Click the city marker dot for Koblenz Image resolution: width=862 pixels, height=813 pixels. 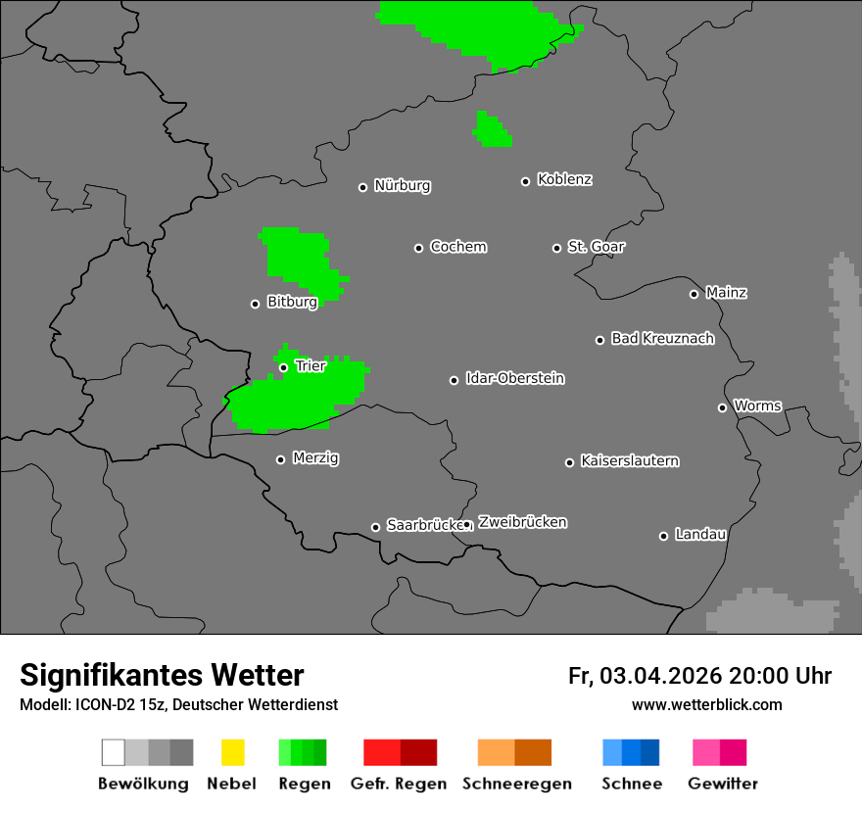point(526,181)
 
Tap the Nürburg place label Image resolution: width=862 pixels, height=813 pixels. point(403,186)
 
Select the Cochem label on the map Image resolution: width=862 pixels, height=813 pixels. point(458,247)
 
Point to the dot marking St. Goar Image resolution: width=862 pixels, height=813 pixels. point(556,248)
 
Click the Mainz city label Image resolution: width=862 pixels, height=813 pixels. point(727,293)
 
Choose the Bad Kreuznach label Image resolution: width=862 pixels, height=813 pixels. point(662,339)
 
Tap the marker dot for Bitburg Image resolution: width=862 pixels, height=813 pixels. point(256,304)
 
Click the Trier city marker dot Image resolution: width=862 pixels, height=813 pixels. point(284,367)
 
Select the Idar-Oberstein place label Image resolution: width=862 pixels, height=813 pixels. point(515,379)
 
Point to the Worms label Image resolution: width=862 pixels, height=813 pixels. point(757,406)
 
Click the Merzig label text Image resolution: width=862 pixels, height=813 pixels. point(315,458)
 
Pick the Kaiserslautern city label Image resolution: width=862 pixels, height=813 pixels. point(630,461)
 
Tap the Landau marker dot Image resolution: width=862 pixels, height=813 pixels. point(664,536)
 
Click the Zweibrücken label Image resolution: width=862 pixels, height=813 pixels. point(523,523)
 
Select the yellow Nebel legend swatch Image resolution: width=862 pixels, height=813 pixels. point(232,752)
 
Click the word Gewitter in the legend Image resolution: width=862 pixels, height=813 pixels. point(723,784)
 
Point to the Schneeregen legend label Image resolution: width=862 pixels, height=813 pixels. point(517,784)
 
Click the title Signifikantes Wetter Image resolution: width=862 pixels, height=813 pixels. point(162,676)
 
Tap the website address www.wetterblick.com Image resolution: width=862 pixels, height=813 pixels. point(707,705)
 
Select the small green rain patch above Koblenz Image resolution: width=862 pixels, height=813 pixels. point(492,130)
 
